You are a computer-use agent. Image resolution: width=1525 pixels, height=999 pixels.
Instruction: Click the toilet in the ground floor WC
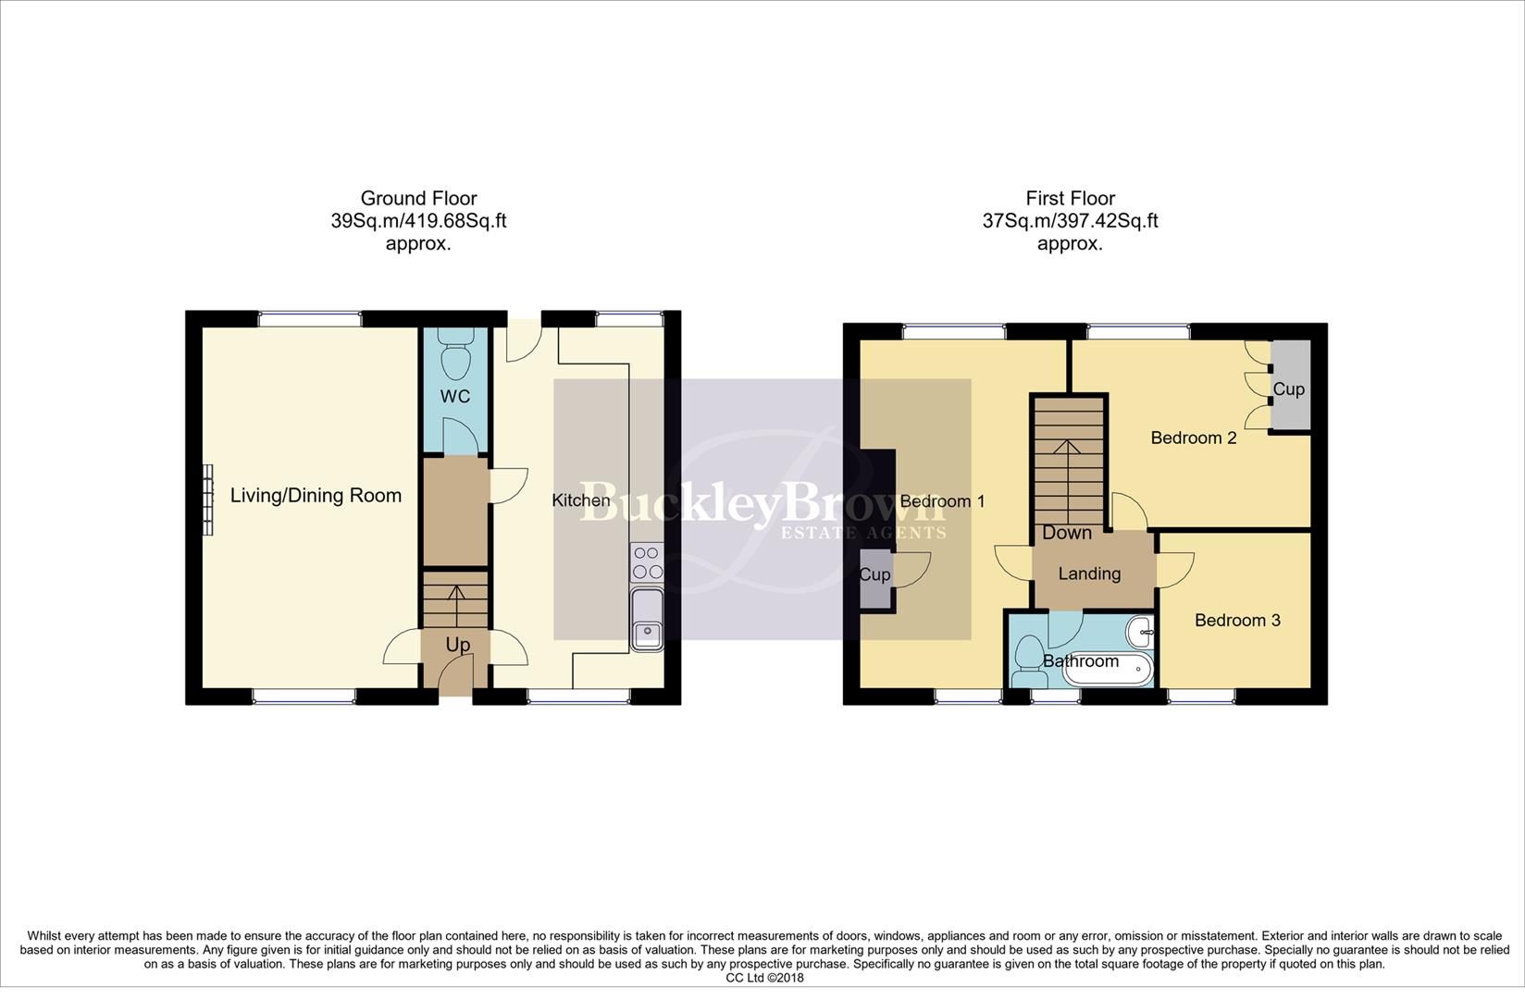pyautogui.click(x=455, y=360)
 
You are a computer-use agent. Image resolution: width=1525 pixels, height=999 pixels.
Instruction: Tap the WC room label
pyautogui.click(x=455, y=397)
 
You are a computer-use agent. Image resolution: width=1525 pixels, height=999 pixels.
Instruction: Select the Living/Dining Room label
pyautogui.click(x=316, y=496)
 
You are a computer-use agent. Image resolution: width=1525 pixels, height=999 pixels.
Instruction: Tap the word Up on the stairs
pyautogui.click(x=457, y=645)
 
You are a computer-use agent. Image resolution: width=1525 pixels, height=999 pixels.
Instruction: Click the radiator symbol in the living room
pyautogui.click(x=208, y=499)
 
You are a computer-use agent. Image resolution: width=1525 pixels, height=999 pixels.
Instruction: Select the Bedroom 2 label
pyautogui.click(x=1193, y=438)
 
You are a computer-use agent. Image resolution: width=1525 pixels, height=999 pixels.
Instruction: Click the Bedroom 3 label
pyautogui.click(x=1237, y=621)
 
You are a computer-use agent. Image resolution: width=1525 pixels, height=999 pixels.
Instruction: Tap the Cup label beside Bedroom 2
pyautogui.click(x=1288, y=389)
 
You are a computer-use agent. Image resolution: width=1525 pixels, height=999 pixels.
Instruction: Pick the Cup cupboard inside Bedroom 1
pyautogui.click(x=874, y=575)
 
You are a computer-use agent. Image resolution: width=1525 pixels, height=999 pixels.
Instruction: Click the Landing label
pyautogui.click(x=1089, y=573)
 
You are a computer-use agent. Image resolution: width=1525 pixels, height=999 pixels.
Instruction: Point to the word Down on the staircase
pyautogui.click(x=1067, y=533)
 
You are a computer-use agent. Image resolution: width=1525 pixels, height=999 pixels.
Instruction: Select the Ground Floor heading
pyautogui.click(x=418, y=198)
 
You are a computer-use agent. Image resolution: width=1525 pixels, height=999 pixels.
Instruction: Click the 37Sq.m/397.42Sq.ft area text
pyautogui.click(x=1070, y=221)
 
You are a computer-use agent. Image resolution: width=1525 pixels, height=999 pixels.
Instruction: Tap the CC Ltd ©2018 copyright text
pyautogui.click(x=764, y=978)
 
